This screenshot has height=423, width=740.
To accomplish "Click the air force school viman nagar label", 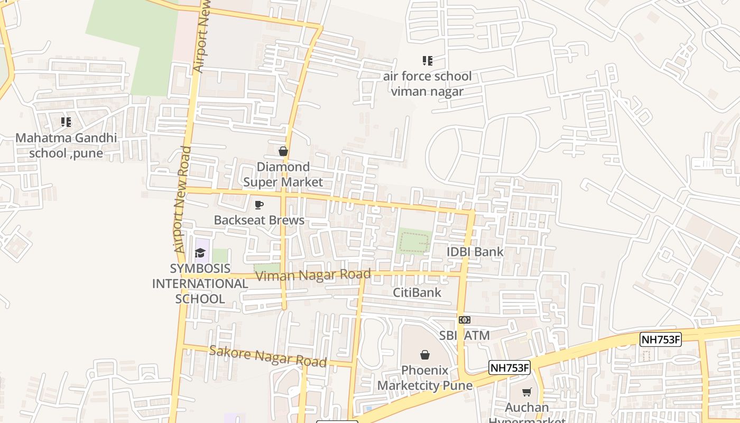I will coord(427,84).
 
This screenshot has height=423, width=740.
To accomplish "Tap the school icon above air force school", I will coord(427,61).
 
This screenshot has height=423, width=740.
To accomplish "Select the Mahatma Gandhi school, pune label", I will coord(66,146).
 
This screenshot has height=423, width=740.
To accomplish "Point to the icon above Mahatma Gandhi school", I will coord(66,123).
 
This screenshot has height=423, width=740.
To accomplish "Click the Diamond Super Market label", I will coord(283,174).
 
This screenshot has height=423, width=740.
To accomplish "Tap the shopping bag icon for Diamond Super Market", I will coord(283,152).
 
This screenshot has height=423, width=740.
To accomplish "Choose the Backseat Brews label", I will coord(259,220).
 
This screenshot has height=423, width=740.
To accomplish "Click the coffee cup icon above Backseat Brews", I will coord(259,205).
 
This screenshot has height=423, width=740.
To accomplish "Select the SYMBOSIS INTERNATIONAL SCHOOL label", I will coord(200,283).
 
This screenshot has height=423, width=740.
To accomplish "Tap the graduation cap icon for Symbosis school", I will coord(200,253).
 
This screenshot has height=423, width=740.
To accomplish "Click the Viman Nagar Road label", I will coord(312,275).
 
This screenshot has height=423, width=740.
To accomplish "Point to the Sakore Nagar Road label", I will coord(267,356).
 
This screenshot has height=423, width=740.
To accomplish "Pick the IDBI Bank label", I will coord(475,252).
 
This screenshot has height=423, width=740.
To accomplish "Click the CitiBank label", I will coord(417,292).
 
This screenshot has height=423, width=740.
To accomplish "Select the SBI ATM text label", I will coord(465,335).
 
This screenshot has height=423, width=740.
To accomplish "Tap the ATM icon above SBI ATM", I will coord(465,320).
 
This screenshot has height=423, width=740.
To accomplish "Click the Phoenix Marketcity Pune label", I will coord(425,378).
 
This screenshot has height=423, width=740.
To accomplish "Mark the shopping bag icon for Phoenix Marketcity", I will coord(425,355).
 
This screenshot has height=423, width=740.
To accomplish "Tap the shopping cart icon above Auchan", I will coord(526,392).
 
